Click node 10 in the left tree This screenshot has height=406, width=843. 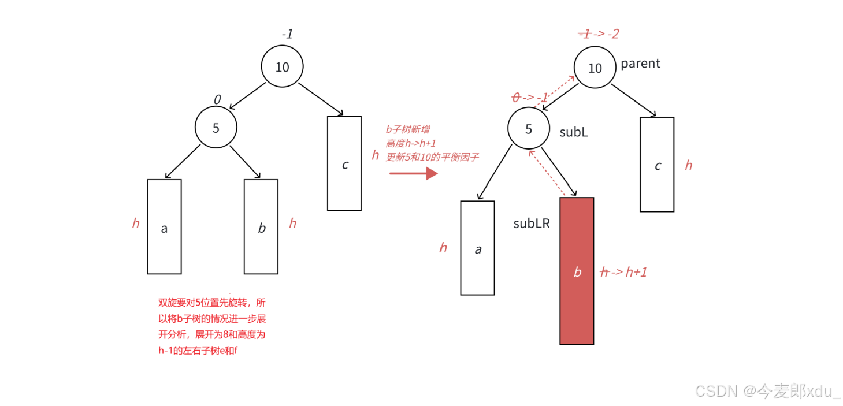(x=282, y=66)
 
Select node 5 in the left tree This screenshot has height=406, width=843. (x=216, y=128)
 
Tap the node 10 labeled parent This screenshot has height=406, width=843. (x=595, y=68)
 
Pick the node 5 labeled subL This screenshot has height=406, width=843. (x=528, y=129)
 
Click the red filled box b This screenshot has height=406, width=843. (x=577, y=271)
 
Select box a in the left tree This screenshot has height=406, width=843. (x=164, y=226)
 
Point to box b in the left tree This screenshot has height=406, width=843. (x=261, y=226)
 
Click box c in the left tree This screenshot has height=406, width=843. (x=344, y=163)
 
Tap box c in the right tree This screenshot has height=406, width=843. (x=657, y=165)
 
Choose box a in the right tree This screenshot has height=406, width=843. (x=477, y=248)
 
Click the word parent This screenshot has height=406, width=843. (x=640, y=64)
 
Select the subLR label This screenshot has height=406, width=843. (x=531, y=224)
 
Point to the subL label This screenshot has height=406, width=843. (x=573, y=132)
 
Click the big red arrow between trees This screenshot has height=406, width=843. (x=413, y=173)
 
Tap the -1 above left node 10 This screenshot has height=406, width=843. (x=287, y=34)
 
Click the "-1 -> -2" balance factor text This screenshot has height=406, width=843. (x=599, y=34)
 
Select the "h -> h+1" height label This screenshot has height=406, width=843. (x=623, y=271)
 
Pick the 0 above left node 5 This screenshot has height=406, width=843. (x=217, y=99)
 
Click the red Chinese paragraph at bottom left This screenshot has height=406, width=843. (x=211, y=326)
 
